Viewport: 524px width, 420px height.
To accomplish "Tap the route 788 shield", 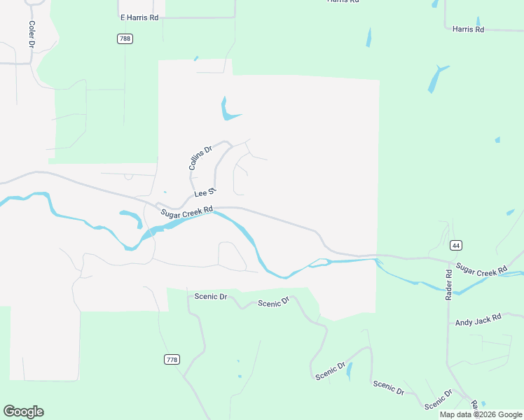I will point(125,39).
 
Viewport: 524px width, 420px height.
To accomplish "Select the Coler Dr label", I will point(32,34).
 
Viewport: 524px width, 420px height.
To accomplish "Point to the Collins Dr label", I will point(200,158).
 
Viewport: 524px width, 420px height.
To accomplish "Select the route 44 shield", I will point(456,245).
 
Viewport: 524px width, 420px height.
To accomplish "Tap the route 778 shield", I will point(172,360).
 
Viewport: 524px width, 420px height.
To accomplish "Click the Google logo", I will point(23,412).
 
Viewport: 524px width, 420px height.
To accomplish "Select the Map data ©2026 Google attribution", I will point(481,414).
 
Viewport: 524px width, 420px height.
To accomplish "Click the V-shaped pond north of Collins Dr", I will point(228,111).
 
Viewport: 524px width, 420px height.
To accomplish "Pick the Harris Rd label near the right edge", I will point(468,29).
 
